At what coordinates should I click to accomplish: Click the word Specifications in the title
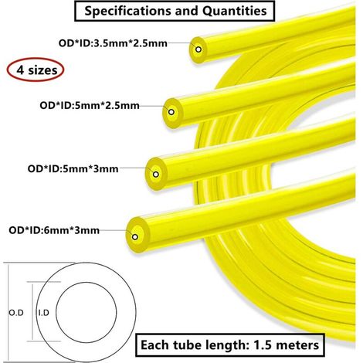128,12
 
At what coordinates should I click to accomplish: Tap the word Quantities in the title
234,11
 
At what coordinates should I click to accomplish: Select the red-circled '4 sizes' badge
36,70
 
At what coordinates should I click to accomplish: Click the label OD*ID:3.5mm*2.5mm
113,43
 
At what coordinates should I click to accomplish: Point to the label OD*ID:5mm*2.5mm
90,106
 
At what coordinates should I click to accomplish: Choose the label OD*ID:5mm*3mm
73,169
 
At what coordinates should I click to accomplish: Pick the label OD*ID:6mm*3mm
54,230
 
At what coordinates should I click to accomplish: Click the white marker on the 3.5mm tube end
198,49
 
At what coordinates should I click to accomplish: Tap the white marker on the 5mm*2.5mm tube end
171,112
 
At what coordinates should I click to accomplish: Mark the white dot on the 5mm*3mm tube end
156,175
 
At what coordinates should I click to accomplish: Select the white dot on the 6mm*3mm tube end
135,237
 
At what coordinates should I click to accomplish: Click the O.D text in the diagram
16,313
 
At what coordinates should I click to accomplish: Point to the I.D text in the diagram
43,313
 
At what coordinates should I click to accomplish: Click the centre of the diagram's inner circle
86,312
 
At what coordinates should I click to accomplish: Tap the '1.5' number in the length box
263,345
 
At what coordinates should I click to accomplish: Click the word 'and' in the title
187,11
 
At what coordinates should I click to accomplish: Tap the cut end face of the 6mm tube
137,234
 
